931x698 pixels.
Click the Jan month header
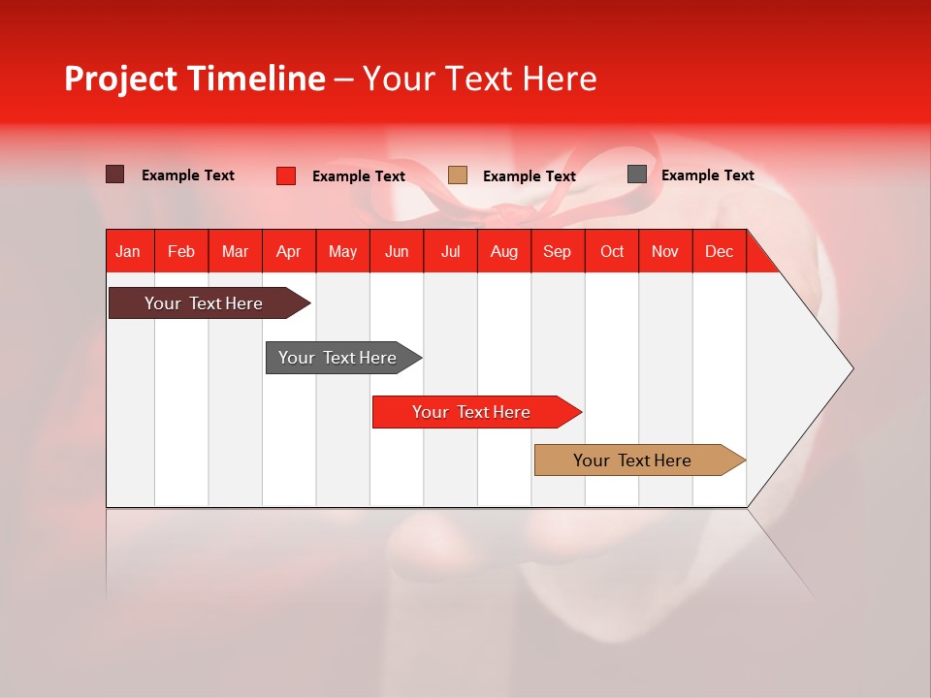[128, 251]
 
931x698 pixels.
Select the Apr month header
[289, 251]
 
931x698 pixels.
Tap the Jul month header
[450, 251]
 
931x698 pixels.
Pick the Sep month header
[557, 251]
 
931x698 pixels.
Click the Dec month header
[719, 251]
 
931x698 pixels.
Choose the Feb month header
[181, 251]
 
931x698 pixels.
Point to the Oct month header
[612, 251]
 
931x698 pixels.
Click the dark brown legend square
[114, 174]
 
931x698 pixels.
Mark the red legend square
[285, 175]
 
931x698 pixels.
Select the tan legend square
[458, 175]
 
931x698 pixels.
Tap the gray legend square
[636, 174]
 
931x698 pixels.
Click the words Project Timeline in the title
[195, 79]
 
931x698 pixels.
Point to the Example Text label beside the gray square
[707, 175]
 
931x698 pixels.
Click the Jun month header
[397, 251]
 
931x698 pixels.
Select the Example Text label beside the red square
[358, 176]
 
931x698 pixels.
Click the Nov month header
[665, 251]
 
